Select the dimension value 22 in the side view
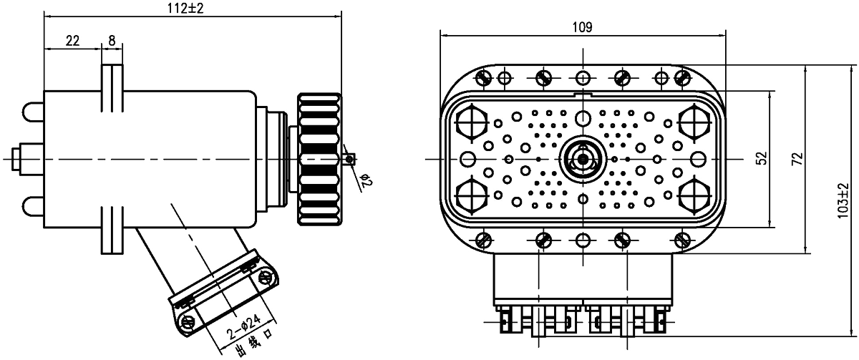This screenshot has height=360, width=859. tap(72, 40)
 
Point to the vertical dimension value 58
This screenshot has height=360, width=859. tap(762, 158)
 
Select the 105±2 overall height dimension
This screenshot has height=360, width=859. tap(846, 200)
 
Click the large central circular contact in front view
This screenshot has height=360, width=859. tap(583, 157)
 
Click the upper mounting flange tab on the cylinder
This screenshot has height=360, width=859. tap(112, 89)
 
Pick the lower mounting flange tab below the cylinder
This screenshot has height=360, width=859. tap(112, 229)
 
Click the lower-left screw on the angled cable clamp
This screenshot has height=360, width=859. tap(189, 321)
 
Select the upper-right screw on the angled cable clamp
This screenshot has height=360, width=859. tap(267, 276)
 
